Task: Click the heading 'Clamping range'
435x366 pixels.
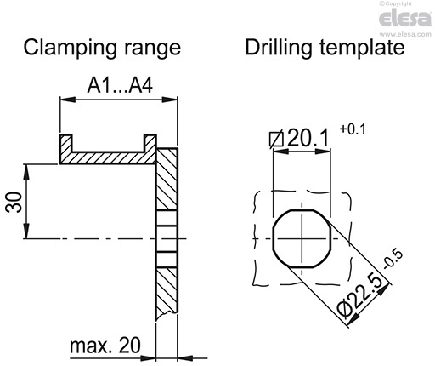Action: pos(103,48)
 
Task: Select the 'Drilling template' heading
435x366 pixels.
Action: pos(324,48)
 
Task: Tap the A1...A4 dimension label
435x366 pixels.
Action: pos(119,86)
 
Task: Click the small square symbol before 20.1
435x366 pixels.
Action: pos(274,138)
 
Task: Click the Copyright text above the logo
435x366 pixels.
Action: pos(414,4)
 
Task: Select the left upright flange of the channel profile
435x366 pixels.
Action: pos(64,146)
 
